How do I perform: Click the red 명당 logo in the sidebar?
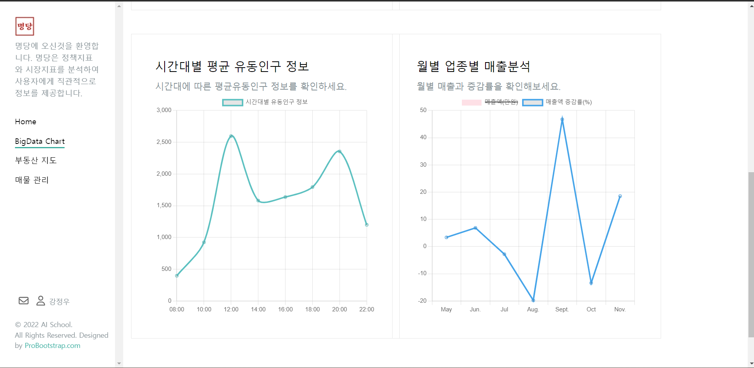(x=25, y=26)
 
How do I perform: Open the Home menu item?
(x=26, y=122)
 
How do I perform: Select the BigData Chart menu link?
(x=40, y=142)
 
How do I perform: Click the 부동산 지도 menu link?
(x=36, y=160)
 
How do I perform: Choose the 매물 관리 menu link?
(x=32, y=180)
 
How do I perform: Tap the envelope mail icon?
(x=24, y=301)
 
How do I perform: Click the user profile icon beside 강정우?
(x=41, y=301)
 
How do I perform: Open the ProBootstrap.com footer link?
(x=52, y=346)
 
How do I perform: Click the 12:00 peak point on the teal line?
(x=231, y=136)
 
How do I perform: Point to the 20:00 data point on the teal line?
(x=339, y=151)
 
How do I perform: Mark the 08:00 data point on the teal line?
(x=177, y=276)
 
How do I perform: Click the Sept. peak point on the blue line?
(x=562, y=119)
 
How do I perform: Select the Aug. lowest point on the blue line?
(x=533, y=300)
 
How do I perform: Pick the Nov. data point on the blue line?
(x=620, y=196)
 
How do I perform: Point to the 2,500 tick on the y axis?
(x=164, y=142)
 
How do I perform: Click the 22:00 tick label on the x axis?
(x=367, y=309)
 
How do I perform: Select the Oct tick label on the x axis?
(x=591, y=309)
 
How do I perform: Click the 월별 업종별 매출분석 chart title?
(x=473, y=66)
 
